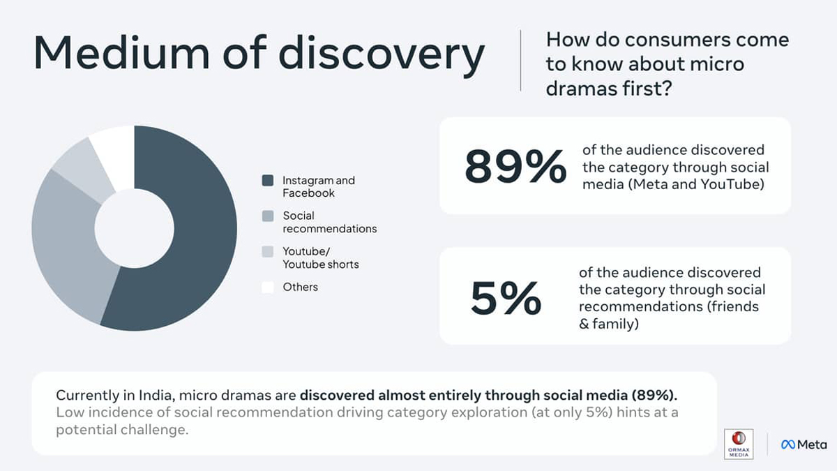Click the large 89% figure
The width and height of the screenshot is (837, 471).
(x=515, y=167)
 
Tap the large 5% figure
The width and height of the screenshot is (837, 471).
(x=506, y=298)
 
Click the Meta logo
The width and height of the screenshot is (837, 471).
(x=804, y=444)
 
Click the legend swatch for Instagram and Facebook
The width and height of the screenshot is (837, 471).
(x=267, y=181)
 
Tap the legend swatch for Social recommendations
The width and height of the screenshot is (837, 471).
(x=267, y=216)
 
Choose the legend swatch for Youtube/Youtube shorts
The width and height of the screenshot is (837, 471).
(x=267, y=252)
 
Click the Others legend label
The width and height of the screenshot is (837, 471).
(x=300, y=287)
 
